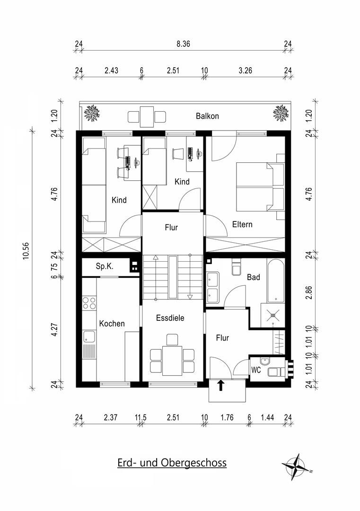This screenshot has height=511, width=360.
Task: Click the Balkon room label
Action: point(207,116)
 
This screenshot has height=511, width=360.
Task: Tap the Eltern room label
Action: point(242,224)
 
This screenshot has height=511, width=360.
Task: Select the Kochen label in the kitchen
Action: point(112,324)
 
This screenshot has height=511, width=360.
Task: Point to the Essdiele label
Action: point(170,318)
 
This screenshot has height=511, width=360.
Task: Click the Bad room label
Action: point(254,277)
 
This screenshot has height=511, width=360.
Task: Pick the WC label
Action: point(256,370)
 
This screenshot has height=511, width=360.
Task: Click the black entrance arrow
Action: point(220,386)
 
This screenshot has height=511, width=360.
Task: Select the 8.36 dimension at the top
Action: point(184,44)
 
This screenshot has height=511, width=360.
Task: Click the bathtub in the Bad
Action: point(276,281)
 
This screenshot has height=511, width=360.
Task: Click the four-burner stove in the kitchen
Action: point(88,303)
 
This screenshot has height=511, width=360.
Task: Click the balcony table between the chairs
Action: point(147,116)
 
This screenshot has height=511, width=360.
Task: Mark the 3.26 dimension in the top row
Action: point(245,71)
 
